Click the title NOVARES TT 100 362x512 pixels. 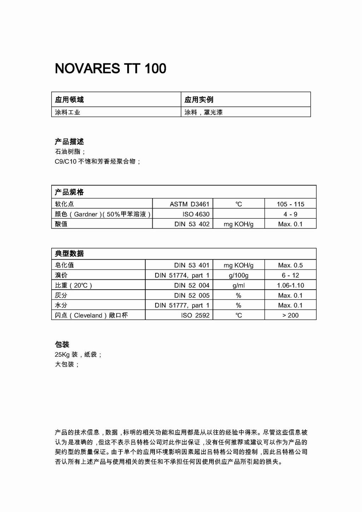pos(110,68)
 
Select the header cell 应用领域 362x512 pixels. pos(69,100)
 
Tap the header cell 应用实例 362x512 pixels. pos(199,100)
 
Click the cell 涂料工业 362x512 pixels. pos(68,112)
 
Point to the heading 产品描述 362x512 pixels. pos(69,142)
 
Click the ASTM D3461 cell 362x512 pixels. pos(189,204)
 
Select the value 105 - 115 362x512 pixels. pos(290,204)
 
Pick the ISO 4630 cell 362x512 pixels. pos(196,214)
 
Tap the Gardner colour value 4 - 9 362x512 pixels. pos(290,214)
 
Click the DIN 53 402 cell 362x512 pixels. pos(192,224)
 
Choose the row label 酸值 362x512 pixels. pos(61,224)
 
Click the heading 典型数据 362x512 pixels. pos(69,254)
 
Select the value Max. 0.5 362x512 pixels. pos(290,265)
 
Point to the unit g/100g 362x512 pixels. pos(239,275)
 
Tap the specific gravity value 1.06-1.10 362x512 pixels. pos(290,285)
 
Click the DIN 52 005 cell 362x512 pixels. pos(192,295)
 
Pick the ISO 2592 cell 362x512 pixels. pos(195,315)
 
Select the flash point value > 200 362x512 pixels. pos(290,315)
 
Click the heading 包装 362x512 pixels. pos(62,344)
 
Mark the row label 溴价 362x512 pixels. pos(61,275)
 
